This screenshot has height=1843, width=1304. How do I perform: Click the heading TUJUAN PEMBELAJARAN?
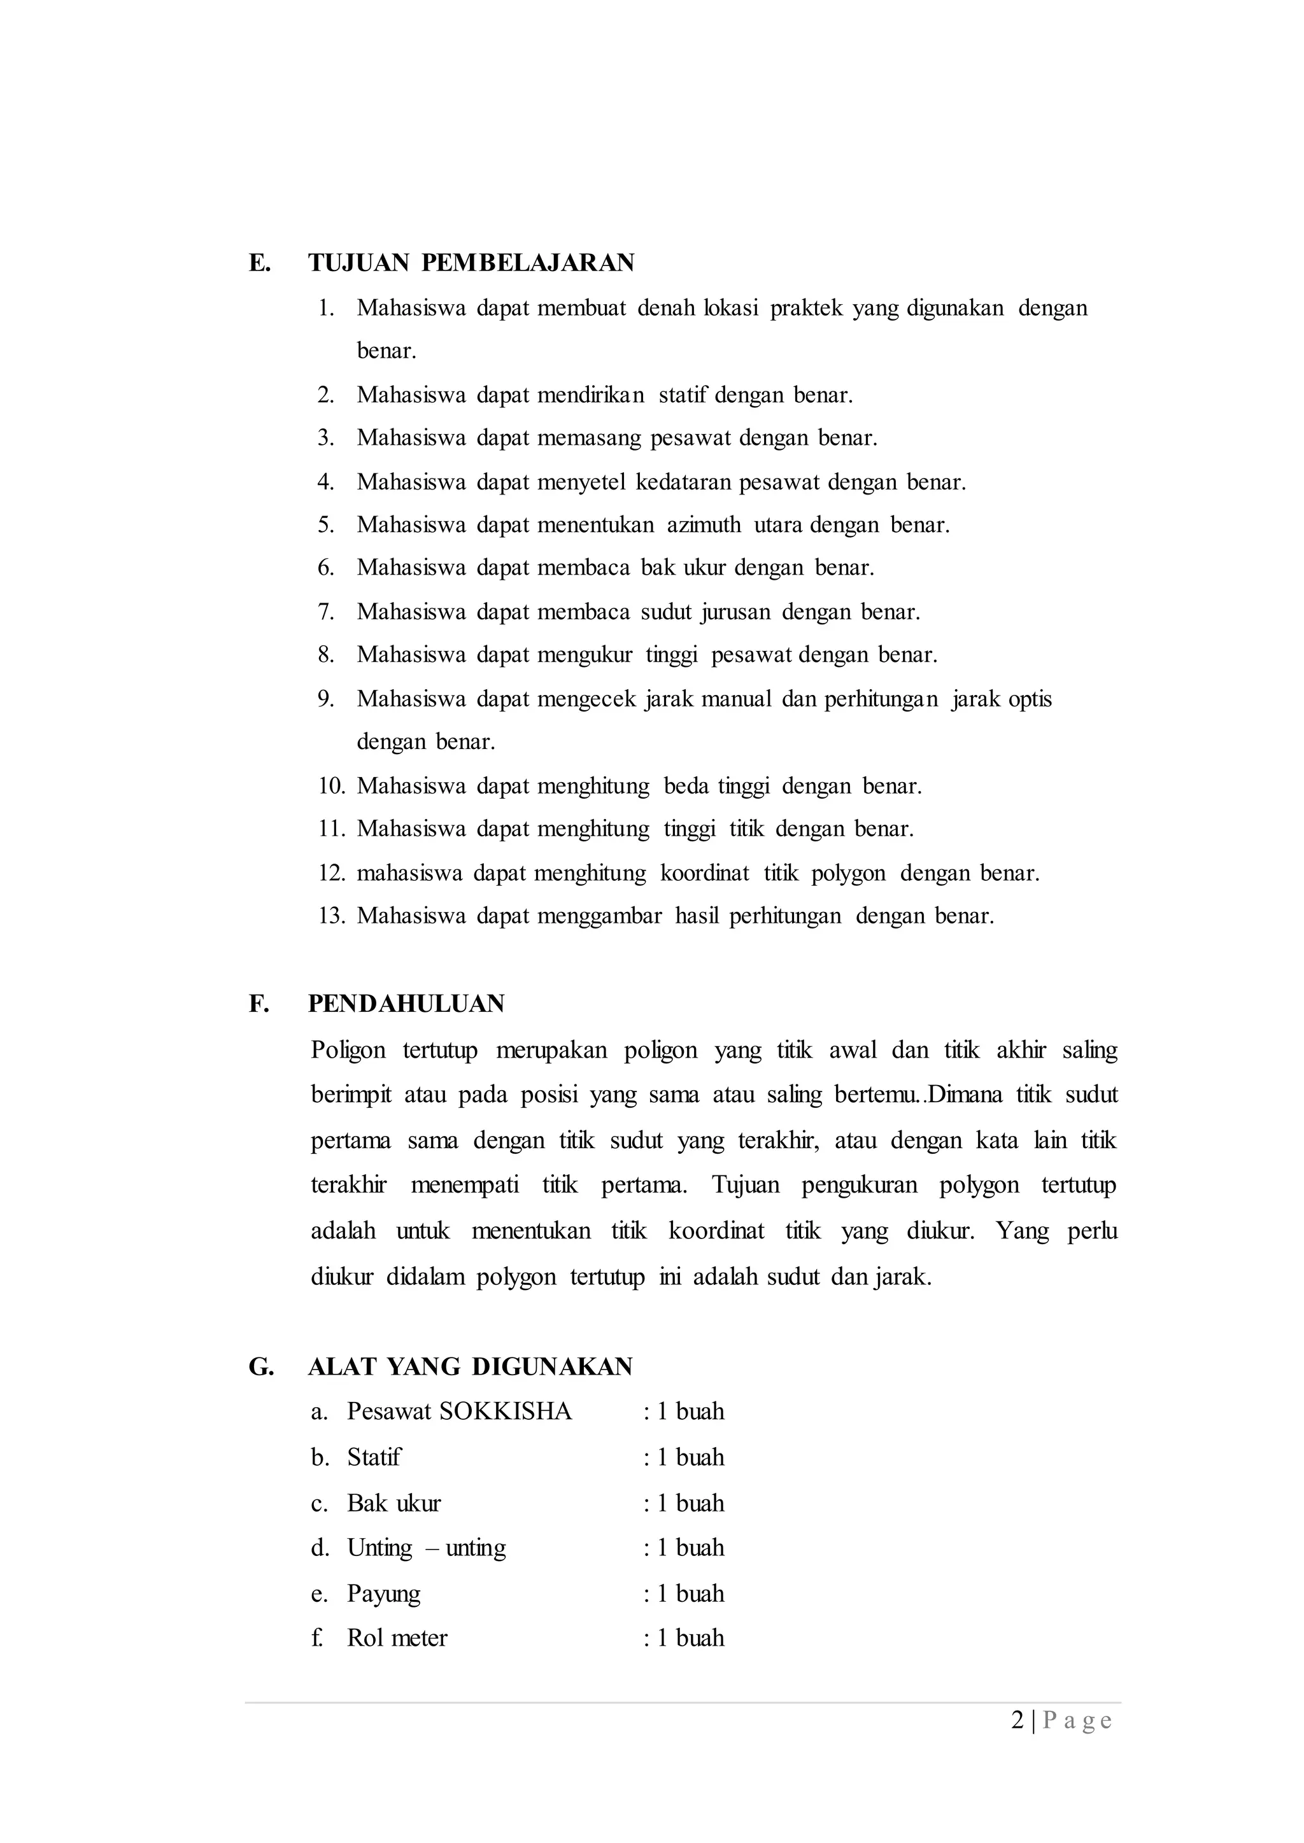coord(471,262)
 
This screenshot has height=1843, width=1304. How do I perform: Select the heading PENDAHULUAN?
coord(406,1004)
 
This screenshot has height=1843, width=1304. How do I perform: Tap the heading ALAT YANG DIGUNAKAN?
coord(471,1366)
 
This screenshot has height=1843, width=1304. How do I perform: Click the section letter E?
coord(259,262)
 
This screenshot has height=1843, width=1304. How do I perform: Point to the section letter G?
coord(261,1366)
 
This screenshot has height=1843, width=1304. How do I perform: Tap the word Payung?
coord(384,1594)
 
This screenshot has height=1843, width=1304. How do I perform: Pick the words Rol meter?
coord(397,1637)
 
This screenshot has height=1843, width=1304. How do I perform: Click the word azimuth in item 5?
coord(704,525)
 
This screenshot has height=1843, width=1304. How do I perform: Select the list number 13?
coord(331,916)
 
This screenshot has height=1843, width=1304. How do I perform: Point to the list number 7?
coord(325,612)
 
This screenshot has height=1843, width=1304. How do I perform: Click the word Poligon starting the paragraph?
coord(348,1050)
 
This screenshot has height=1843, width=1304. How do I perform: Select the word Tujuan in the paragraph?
coord(745,1185)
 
